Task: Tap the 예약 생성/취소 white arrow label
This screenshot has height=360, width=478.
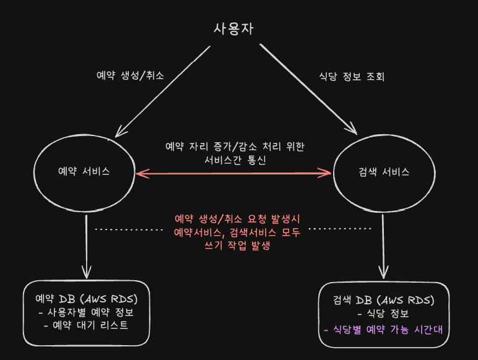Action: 130,75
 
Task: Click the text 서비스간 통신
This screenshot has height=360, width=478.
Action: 234,160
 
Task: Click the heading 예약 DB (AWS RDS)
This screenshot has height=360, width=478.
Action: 87,298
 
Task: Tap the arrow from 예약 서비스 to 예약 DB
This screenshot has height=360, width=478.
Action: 87,244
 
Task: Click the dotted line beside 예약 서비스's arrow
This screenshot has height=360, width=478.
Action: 129,229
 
